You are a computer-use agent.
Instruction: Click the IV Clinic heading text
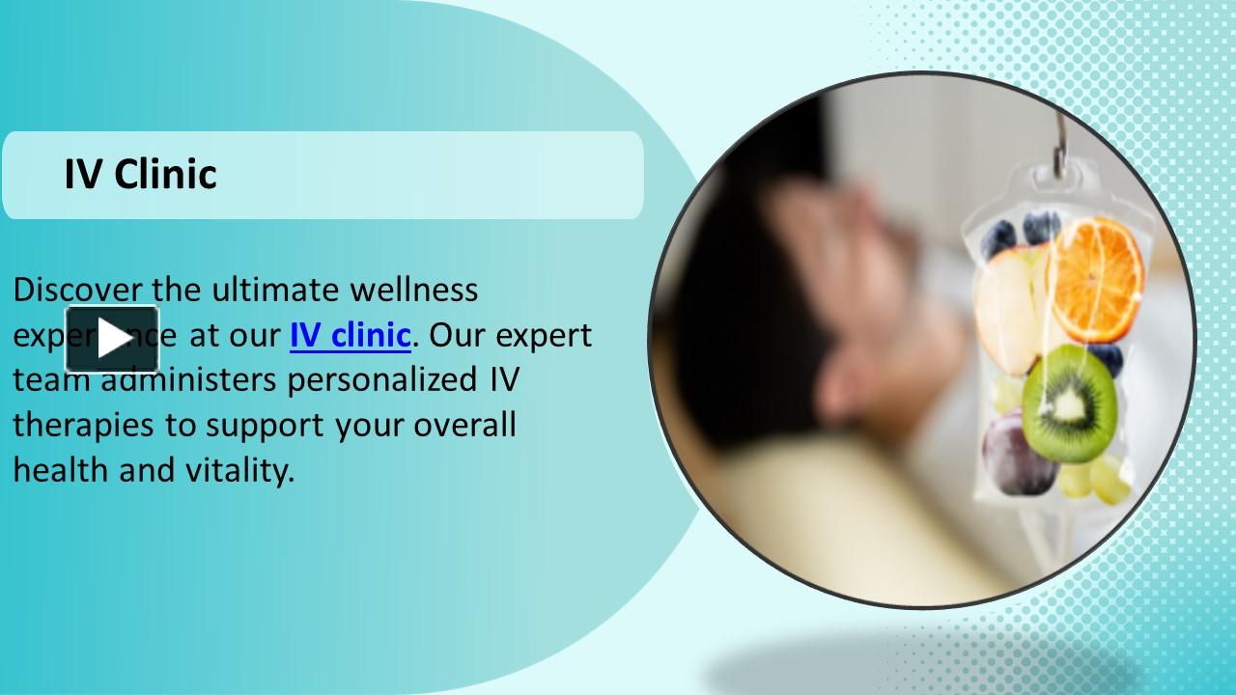coord(140,175)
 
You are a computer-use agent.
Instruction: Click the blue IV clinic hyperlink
coord(350,335)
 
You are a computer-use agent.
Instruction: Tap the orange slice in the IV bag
coord(1095,279)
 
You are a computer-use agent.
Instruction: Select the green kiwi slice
coord(1069,403)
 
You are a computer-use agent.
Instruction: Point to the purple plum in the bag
coord(1016,455)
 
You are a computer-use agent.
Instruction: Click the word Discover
coord(77,289)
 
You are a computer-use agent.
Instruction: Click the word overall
coord(464,425)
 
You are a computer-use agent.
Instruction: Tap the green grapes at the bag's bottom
coord(1096,478)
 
